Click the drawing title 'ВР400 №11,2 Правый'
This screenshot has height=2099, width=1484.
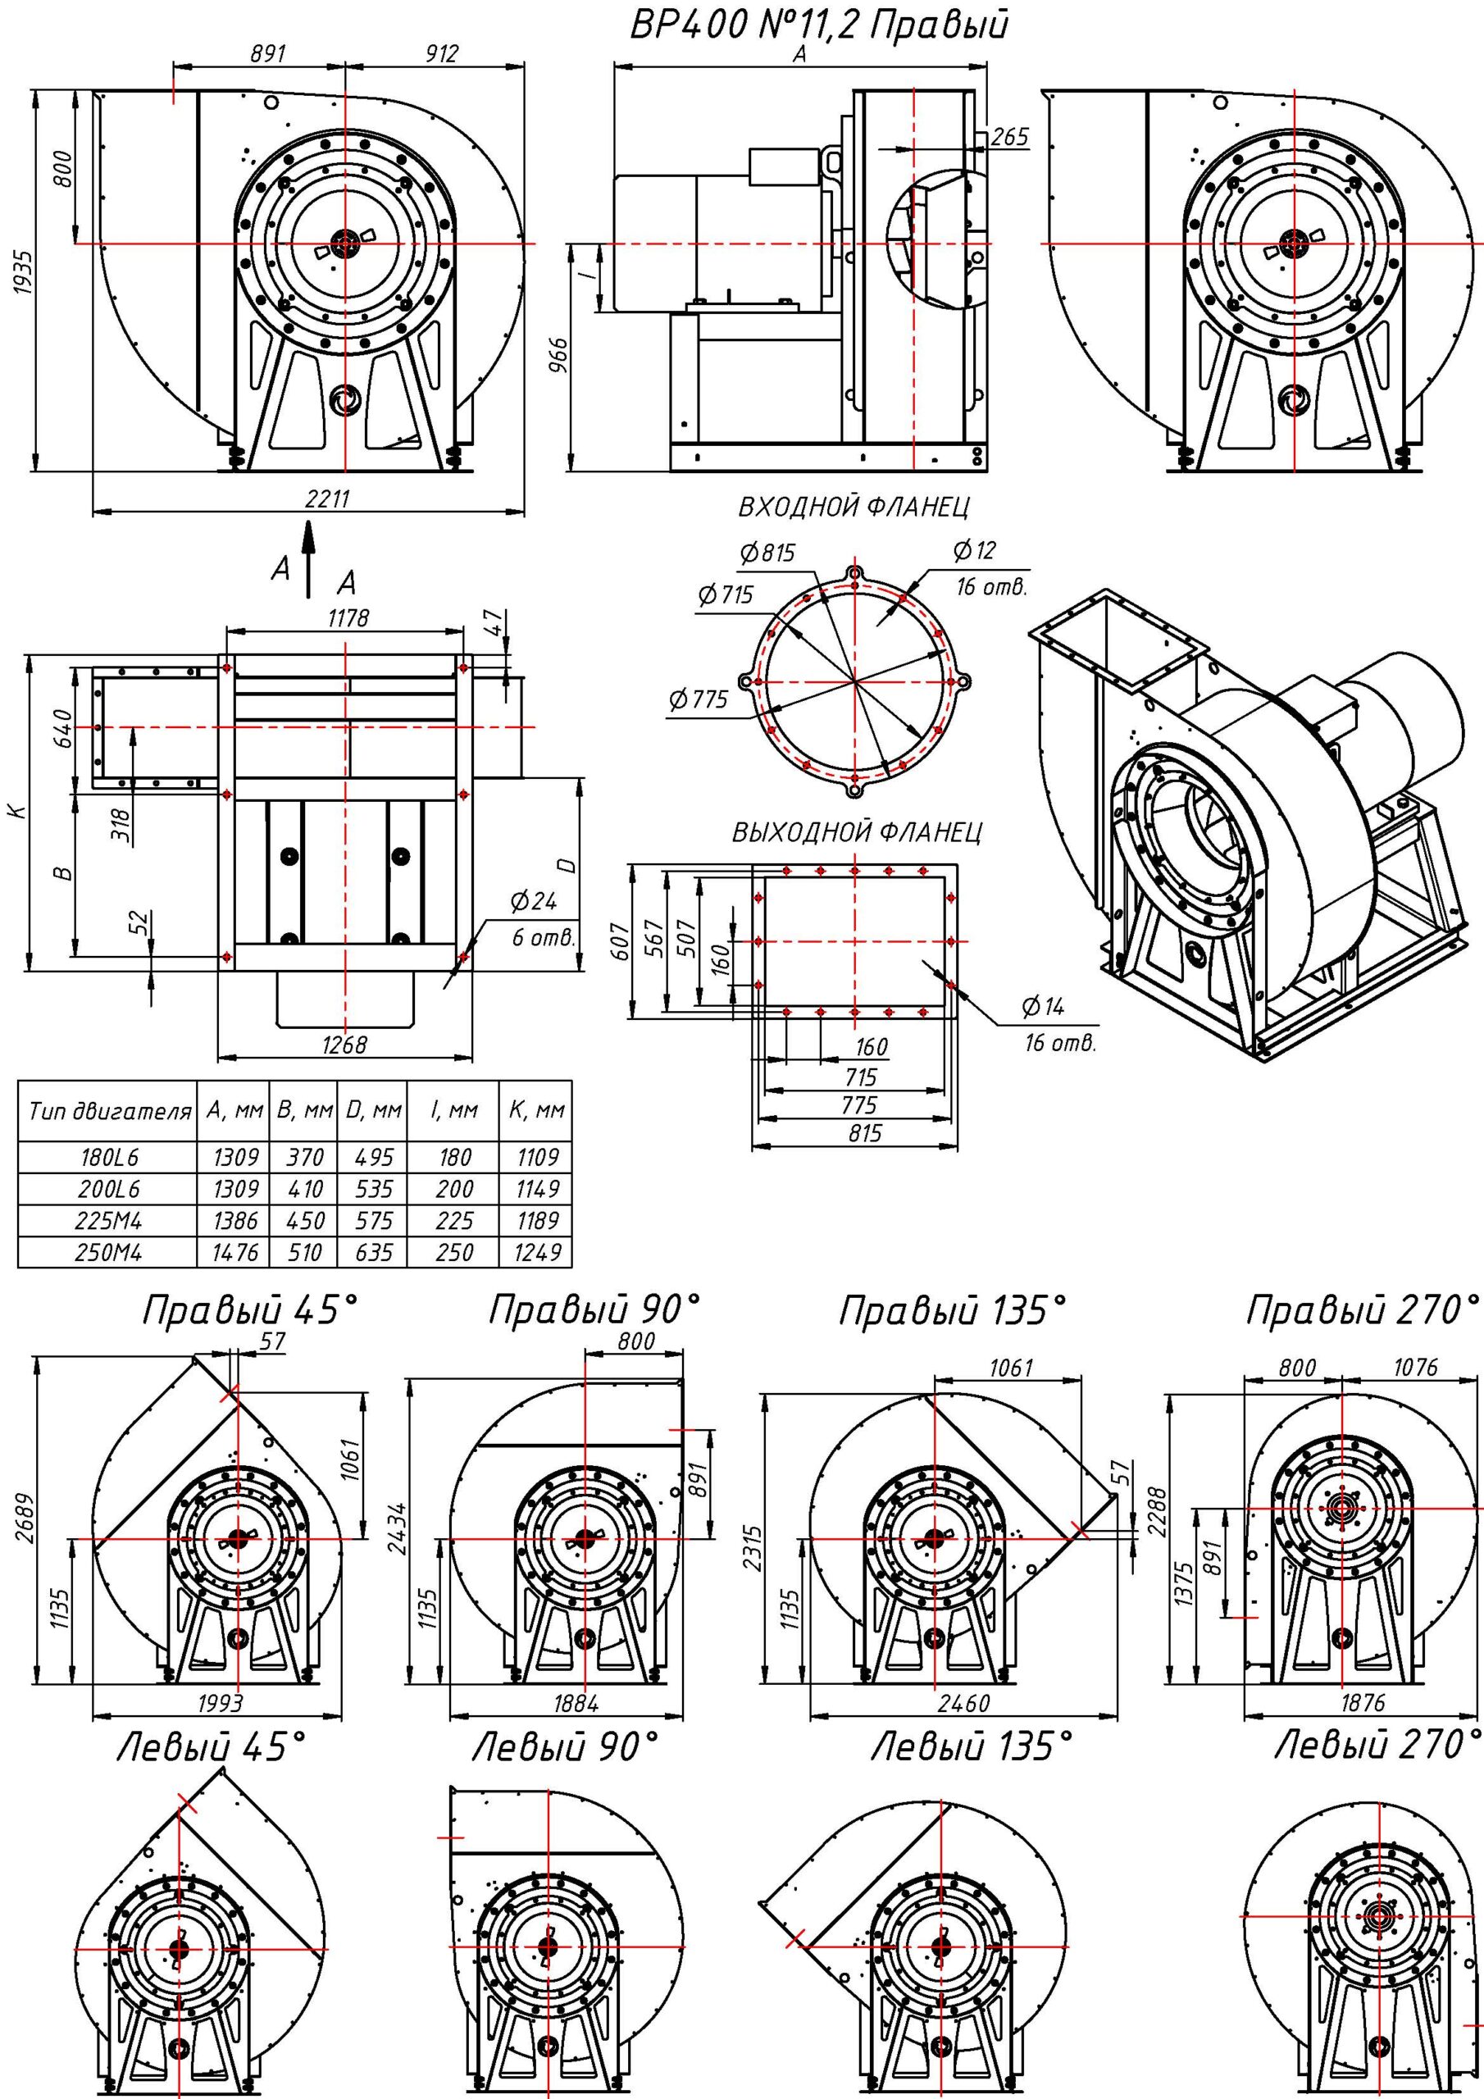click(819, 25)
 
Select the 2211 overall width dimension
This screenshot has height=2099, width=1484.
click(327, 500)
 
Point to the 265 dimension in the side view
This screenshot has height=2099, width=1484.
click(1008, 137)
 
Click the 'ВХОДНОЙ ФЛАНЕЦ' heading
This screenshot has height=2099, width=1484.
click(853, 507)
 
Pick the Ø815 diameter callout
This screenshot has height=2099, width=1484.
click(768, 553)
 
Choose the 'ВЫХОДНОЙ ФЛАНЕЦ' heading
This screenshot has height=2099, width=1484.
click(857, 833)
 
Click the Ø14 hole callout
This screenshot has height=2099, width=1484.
click(1043, 1008)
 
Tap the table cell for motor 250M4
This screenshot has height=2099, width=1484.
click(108, 1253)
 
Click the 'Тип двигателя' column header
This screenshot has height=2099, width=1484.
click(109, 1112)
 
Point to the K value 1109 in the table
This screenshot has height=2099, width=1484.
click(537, 1158)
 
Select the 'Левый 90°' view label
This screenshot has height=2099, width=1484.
click(564, 1749)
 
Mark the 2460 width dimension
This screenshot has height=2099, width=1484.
click(963, 1703)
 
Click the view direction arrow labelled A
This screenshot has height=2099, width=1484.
click(309, 559)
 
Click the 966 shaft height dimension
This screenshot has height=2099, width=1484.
click(562, 357)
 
